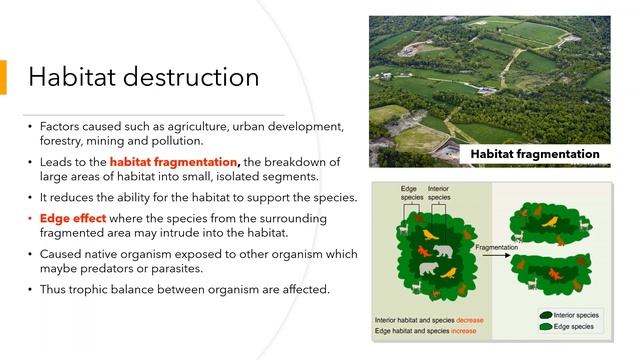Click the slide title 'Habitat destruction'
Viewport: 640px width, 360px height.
coord(143,77)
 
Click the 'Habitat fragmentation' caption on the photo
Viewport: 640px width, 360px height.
coord(536,154)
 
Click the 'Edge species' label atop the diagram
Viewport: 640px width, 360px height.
coord(410,192)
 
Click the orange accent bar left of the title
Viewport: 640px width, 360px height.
coord(3,78)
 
